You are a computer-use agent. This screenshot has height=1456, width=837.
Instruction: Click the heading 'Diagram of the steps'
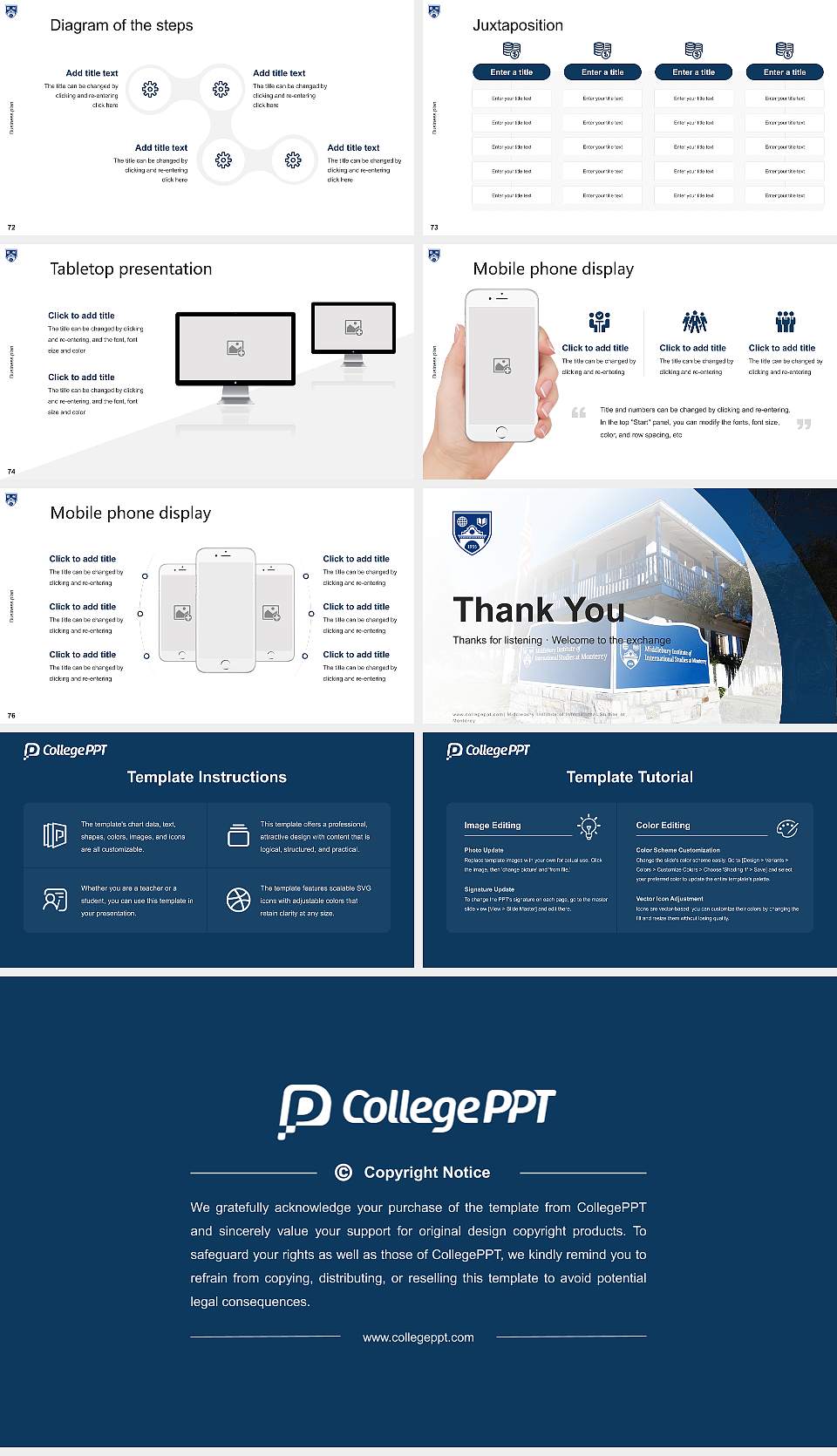[x=121, y=25]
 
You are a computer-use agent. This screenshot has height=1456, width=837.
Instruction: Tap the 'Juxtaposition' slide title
[x=517, y=25]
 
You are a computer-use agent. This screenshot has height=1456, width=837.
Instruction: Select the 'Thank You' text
[x=538, y=609]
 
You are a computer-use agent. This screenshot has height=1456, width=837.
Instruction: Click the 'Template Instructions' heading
[x=207, y=777]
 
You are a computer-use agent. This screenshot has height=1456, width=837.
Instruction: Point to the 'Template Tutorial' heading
[x=629, y=777]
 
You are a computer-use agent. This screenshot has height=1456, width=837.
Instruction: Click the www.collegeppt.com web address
[x=418, y=1337]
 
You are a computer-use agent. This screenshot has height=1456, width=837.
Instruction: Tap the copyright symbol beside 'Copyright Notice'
[x=344, y=1173]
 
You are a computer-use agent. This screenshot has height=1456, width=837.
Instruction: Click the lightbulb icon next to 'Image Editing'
[x=589, y=827]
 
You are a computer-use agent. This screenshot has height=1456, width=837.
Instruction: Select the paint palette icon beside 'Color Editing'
[x=787, y=828]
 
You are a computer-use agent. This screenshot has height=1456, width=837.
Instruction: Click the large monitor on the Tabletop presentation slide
[x=235, y=349]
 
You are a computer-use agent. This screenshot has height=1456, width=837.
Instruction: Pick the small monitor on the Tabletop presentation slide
[x=353, y=328]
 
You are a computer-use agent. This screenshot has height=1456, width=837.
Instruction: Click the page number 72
[x=11, y=228]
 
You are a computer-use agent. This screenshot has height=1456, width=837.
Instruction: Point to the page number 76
[x=11, y=716]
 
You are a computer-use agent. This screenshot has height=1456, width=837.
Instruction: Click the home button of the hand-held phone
[x=501, y=432]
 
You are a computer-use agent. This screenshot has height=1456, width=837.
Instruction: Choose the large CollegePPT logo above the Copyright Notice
[x=417, y=1110]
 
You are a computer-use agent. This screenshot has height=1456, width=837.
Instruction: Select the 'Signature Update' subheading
[x=489, y=889]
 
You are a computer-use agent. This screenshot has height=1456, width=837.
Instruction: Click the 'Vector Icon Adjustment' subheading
[x=670, y=898]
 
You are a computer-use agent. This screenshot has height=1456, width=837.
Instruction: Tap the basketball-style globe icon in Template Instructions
[x=238, y=900]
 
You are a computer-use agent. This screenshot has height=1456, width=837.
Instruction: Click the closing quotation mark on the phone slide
[x=803, y=425]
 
